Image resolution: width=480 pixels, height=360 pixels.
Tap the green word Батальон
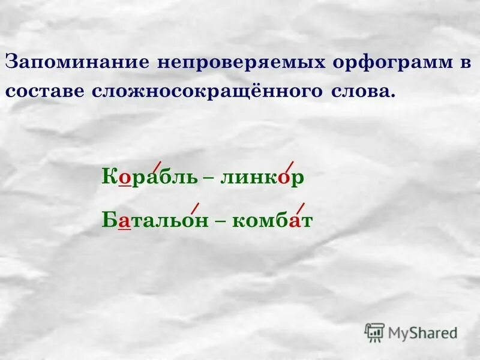click(x=155, y=221)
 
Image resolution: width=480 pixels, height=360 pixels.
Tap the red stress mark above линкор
click(x=289, y=167)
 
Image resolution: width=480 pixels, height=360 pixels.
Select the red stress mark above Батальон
click(x=194, y=209)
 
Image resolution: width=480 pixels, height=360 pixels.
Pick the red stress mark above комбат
click(x=301, y=209)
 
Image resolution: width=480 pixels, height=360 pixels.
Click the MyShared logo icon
click(x=374, y=332)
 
